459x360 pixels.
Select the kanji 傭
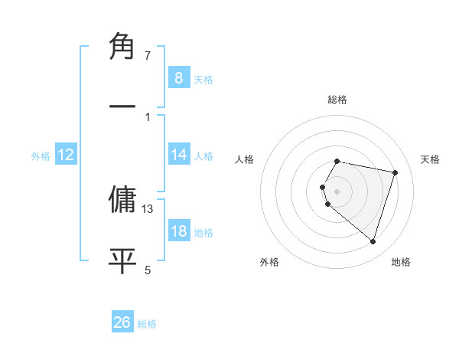122,199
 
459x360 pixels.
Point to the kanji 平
122,260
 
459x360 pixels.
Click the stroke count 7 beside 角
148,56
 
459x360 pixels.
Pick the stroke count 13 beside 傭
148,208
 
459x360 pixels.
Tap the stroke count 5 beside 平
148,269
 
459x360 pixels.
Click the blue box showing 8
178,77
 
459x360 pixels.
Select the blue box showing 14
178,155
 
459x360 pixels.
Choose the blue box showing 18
178,231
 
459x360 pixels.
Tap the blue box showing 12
65,155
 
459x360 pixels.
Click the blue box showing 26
122,322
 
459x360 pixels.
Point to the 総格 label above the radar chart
337,100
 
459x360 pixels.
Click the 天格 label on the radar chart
431,159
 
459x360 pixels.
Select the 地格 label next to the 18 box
203,232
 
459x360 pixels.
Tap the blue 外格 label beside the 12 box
41,155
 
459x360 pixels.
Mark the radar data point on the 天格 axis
395,172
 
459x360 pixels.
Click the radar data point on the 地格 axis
373,241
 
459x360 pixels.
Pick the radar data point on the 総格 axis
337,161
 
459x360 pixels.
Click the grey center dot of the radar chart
337,191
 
